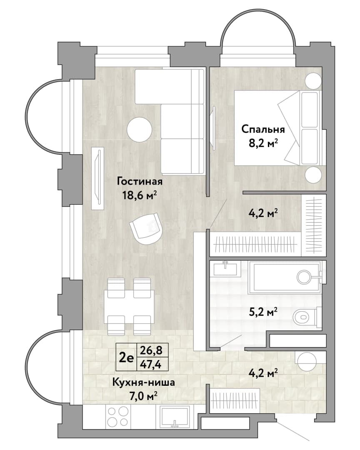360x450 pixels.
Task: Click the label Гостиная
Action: pos(140,182)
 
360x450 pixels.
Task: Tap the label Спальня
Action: pos(263,130)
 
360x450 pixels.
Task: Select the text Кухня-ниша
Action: pos(143,382)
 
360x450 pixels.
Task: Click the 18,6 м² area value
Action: pos(140,196)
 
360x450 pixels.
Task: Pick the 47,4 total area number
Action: pos(151,364)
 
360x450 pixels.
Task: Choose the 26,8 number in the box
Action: pos(151,350)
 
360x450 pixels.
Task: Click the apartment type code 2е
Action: pos(126,357)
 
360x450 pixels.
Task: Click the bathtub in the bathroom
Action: pos(285,277)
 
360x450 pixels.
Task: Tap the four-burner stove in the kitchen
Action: pos(117,416)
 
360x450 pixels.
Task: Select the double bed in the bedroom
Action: pos(278,128)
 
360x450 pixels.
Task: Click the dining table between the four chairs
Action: pos(129,307)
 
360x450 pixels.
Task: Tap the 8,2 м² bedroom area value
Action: pos(263,143)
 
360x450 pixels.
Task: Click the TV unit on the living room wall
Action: pos(97,178)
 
